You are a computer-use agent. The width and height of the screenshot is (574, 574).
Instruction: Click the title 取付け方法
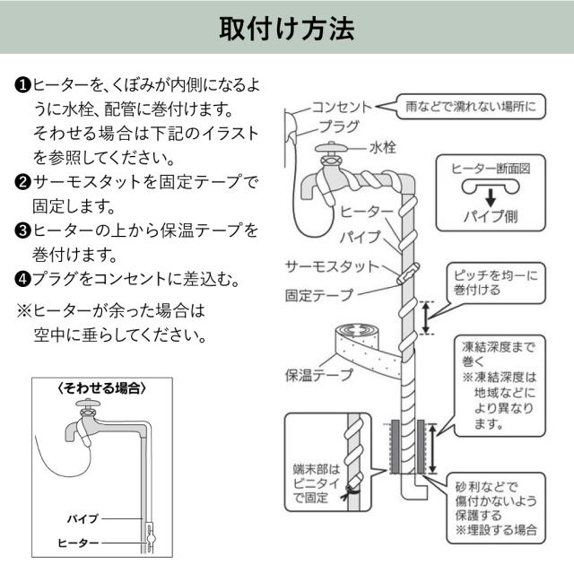(x=287, y=29)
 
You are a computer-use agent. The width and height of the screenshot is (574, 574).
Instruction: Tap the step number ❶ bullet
(x=23, y=84)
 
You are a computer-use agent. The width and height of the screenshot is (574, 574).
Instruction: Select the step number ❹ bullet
(x=23, y=279)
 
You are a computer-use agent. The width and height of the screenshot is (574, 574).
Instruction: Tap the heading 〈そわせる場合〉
(x=101, y=388)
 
